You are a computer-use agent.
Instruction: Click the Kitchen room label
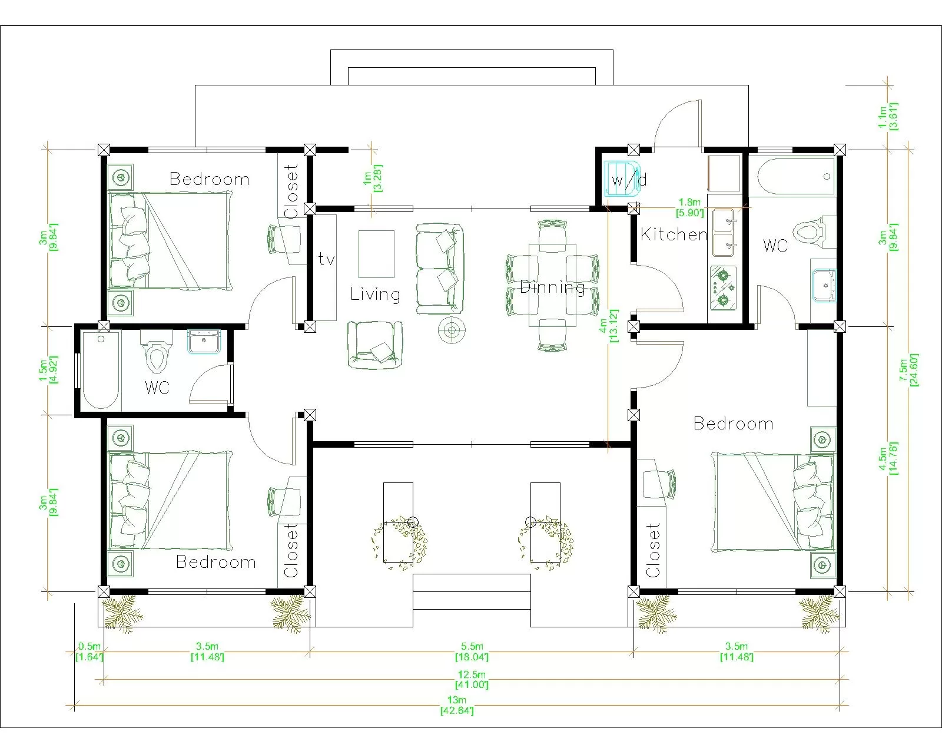pos(673,234)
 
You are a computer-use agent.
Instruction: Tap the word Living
pos(375,294)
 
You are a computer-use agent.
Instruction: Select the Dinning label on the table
pos(552,287)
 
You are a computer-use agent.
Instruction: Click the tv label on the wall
pos(326,259)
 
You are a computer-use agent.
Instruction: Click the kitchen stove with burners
pos(723,287)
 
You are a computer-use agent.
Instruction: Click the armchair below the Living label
pos(374,345)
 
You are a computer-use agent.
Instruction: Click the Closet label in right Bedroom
pos(652,550)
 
